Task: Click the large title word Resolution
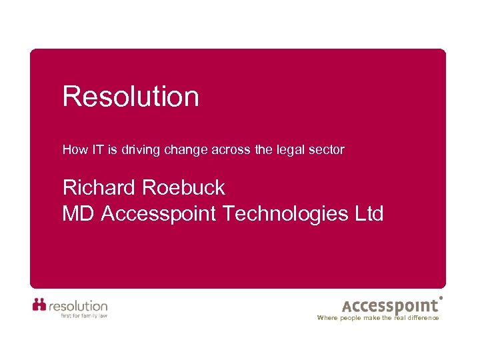pyautogui.click(x=131, y=97)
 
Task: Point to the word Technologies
pyautogui.click(x=286, y=214)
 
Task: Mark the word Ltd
pyautogui.click(x=369, y=214)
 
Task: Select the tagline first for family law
pyautogui.click(x=83, y=315)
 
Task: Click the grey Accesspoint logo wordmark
pyautogui.click(x=391, y=306)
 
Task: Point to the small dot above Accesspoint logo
pyautogui.click(x=441, y=297)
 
